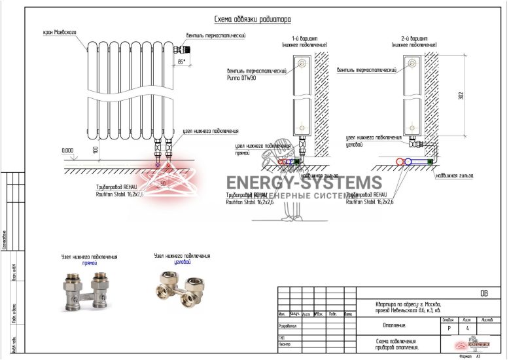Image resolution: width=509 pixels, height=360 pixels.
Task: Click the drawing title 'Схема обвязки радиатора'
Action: (x=253, y=20)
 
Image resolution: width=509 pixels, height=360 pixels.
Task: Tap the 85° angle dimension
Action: (x=181, y=61)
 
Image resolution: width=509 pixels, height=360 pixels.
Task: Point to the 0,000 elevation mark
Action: (x=67, y=150)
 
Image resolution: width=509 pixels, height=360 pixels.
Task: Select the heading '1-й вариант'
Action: (x=304, y=38)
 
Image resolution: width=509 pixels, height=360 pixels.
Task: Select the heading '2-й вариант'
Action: (x=414, y=38)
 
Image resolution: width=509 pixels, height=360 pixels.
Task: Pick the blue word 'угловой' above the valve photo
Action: (x=182, y=262)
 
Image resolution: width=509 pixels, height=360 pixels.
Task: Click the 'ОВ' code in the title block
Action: (x=483, y=293)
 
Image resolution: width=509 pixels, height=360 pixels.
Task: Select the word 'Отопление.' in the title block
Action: (x=394, y=325)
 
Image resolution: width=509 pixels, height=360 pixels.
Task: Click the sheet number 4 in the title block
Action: (x=467, y=329)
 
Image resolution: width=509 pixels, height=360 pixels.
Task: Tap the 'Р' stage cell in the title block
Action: (x=448, y=329)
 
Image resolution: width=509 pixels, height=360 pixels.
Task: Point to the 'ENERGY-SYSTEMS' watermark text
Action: (x=304, y=183)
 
